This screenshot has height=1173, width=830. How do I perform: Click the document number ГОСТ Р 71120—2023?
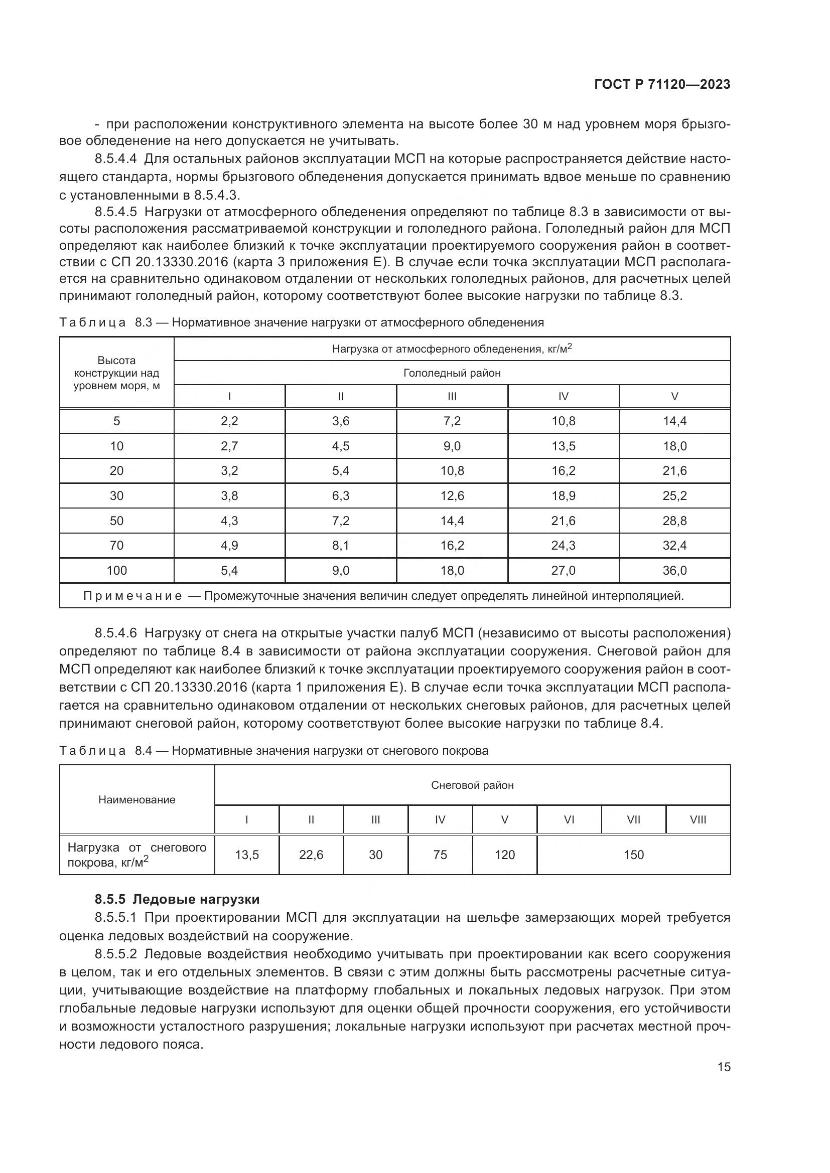(x=662, y=84)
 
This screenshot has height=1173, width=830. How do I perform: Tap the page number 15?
(x=724, y=1067)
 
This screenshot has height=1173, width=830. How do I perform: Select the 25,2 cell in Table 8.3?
(x=674, y=495)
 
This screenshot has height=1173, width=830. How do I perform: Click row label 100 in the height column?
(x=116, y=570)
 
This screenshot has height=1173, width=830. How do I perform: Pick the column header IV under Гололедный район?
(x=563, y=397)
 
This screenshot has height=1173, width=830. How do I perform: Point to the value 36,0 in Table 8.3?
(x=674, y=570)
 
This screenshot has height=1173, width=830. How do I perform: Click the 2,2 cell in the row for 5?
(x=229, y=421)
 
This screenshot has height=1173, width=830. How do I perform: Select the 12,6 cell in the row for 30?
(x=452, y=495)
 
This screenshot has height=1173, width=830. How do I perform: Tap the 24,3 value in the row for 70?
(x=563, y=545)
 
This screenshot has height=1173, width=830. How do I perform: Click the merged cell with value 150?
(x=633, y=855)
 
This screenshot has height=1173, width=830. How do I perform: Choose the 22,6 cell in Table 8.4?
(x=311, y=855)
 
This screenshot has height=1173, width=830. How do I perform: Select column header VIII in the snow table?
(x=698, y=819)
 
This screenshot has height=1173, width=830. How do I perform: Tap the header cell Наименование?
(x=136, y=799)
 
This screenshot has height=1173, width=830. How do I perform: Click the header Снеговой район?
(x=472, y=785)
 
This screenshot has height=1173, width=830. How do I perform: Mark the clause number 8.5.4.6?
(x=115, y=633)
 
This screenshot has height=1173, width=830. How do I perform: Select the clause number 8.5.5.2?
(x=115, y=954)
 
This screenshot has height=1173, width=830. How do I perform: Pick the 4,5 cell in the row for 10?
(x=340, y=446)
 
